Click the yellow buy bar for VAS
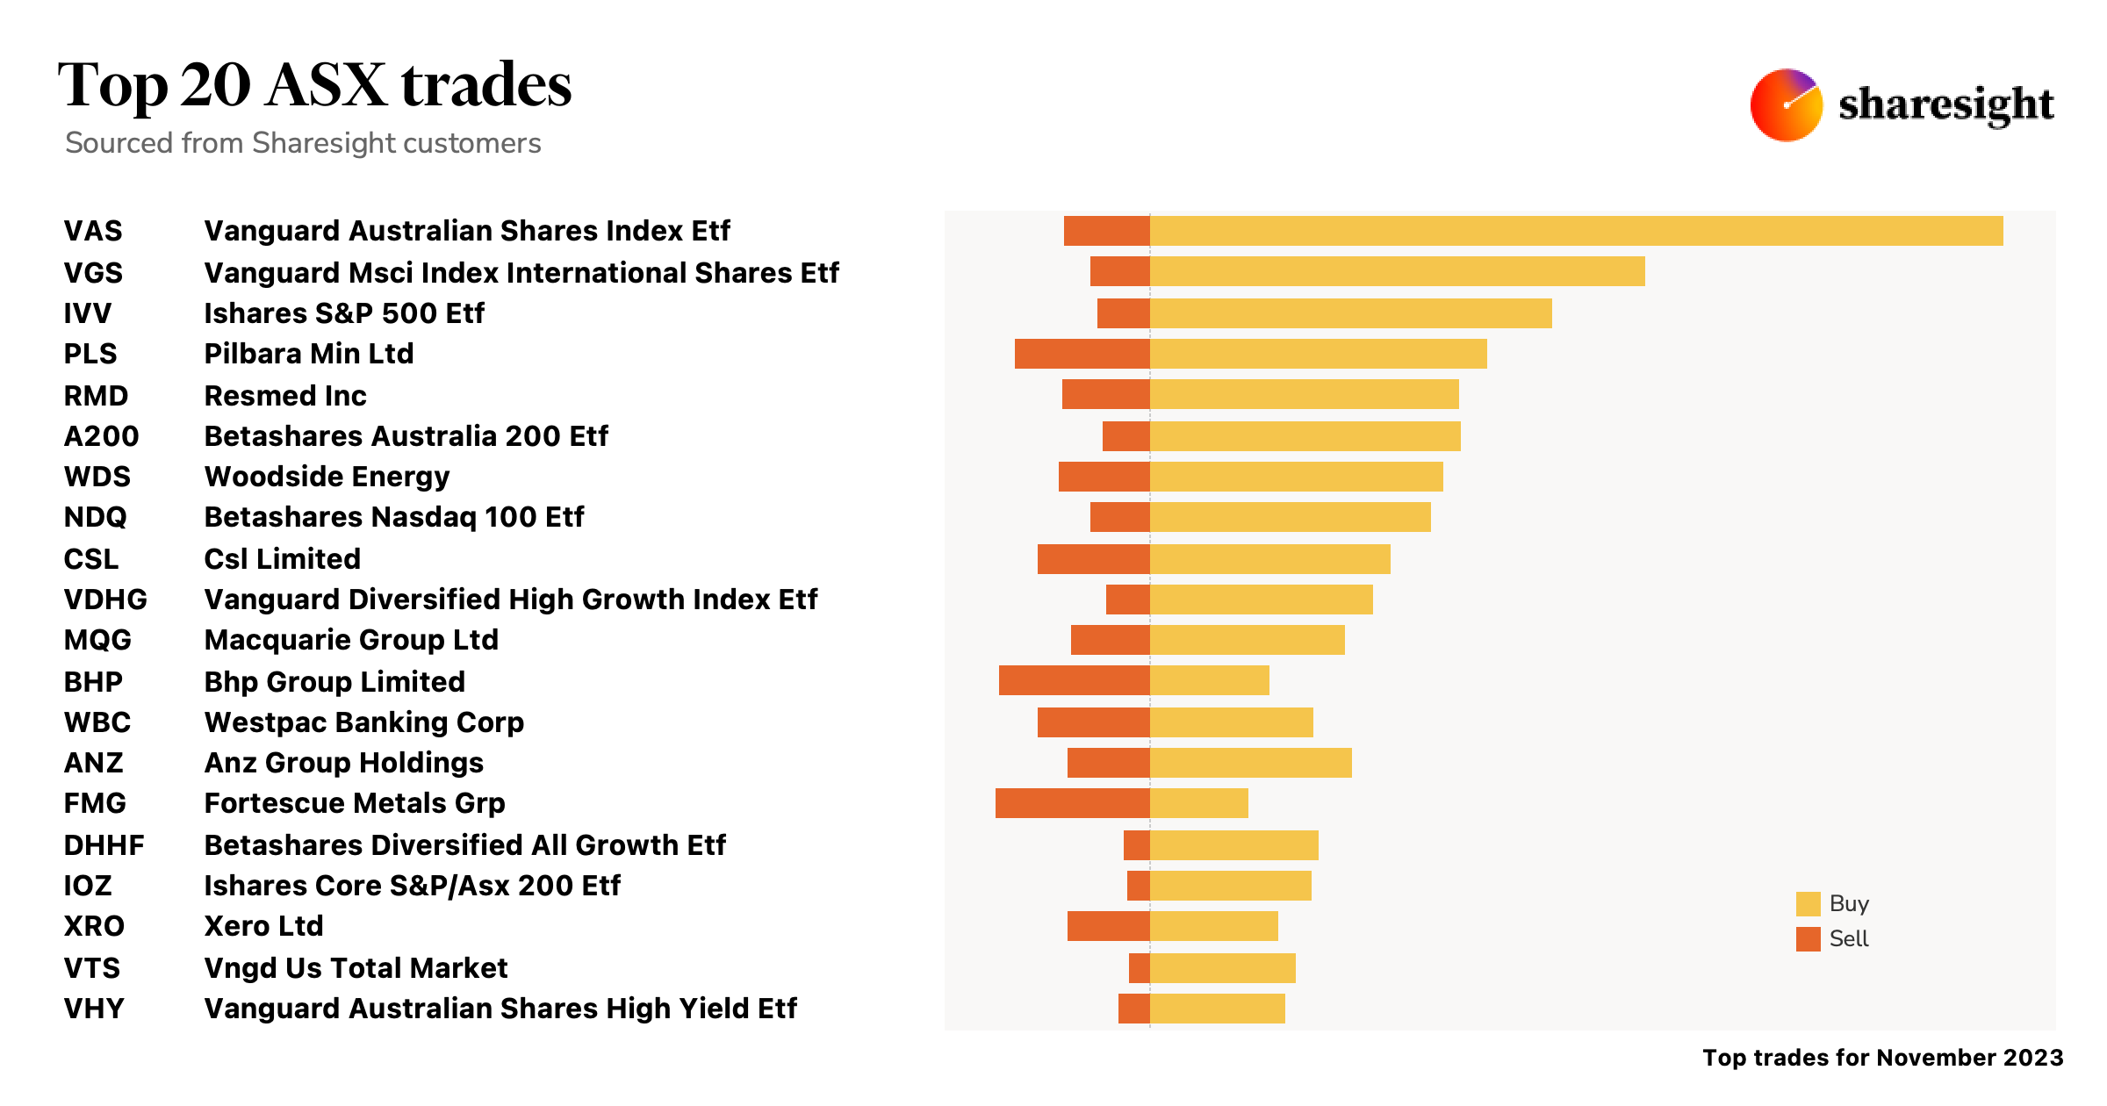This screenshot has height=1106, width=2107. pyautogui.click(x=1576, y=231)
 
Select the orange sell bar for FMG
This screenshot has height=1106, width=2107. pyautogui.click(x=1072, y=803)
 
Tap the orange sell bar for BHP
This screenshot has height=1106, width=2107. pyautogui.click(x=1074, y=680)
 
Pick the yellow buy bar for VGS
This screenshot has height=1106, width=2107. pyautogui.click(x=1397, y=271)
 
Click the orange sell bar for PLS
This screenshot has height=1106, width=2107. pyautogui.click(x=1082, y=354)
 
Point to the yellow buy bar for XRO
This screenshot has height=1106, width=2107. pyautogui.click(x=1213, y=926)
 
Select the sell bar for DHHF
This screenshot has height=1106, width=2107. pyautogui.click(x=1137, y=845)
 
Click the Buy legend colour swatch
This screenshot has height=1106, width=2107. pyautogui.click(x=1808, y=904)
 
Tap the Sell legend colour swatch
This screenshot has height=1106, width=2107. pyautogui.click(x=1808, y=939)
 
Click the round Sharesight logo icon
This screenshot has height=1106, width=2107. pyautogui.click(x=1786, y=105)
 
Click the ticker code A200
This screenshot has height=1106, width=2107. pyautogui.click(x=101, y=436)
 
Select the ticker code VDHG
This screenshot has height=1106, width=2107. pyautogui.click(x=105, y=600)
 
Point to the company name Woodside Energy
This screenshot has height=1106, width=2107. pyautogui.click(x=327, y=477)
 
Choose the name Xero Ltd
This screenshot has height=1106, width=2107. pyautogui.click(x=263, y=926)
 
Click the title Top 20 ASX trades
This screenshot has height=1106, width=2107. pyautogui.click(x=314, y=86)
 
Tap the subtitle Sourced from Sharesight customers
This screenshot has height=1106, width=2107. pyautogui.click(x=303, y=143)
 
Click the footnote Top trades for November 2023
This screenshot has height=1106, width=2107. pyautogui.click(x=1882, y=1058)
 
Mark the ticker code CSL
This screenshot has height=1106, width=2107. pyautogui.click(x=90, y=559)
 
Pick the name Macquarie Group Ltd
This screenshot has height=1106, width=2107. pyautogui.click(x=351, y=640)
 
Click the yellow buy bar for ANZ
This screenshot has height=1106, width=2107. pyautogui.click(x=1250, y=763)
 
